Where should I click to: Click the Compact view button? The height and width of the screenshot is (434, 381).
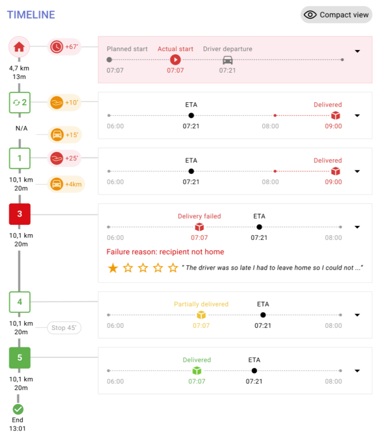(x=336, y=15)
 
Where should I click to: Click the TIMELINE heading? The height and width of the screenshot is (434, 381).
(x=31, y=15)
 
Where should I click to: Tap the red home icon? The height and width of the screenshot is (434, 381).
(x=19, y=47)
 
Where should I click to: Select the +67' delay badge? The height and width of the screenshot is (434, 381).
(x=64, y=47)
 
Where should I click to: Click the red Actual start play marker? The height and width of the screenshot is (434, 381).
(x=175, y=60)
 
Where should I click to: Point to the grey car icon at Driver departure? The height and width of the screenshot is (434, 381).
(x=227, y=60)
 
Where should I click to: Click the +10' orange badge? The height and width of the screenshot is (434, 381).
(x=64, y=103)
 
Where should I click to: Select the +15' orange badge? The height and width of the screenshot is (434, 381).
(x=64, y=135)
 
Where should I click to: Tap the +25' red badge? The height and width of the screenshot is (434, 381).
(x=64, y=159)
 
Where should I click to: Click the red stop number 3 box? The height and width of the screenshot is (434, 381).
(x=20, y=214)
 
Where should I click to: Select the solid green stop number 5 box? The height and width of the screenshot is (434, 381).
(x=20, y=358)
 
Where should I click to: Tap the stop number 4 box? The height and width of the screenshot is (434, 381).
(x=20, y=302)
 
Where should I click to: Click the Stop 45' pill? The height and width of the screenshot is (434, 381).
(x=64, y=328)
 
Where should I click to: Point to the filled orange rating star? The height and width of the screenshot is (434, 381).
(x=113, y=268)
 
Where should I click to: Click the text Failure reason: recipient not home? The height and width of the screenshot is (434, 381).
(x=165, y=252)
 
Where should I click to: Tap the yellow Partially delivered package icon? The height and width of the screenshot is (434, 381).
(x=201, y=315)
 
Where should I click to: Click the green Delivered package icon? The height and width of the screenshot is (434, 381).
(x=196, y=370)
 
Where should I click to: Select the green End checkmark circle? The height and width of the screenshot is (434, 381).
(x=18, y=409)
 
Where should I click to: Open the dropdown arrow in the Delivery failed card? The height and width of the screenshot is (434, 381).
(x=357, y=227)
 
